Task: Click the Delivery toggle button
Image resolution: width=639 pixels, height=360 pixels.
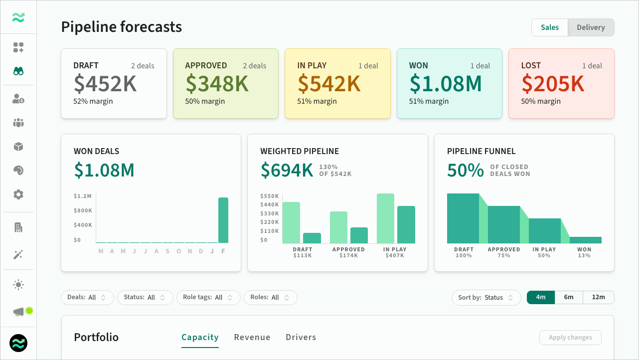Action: point(591,27)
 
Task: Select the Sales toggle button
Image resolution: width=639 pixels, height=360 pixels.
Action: point(550,27)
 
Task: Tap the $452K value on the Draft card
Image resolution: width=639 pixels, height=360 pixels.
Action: point(105,84)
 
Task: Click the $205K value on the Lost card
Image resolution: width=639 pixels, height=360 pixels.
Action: point(553,84)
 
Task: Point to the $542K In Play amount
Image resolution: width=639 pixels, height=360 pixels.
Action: point(329,84)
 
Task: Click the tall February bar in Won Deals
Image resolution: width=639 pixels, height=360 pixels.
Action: point(223,220)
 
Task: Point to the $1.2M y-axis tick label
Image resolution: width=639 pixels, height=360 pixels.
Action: point(83,196)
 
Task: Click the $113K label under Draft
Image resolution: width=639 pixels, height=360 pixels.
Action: point(303,256)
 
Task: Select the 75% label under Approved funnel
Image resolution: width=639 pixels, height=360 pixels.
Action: point(504,256)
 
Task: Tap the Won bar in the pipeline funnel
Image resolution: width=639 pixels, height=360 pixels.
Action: point(586,240)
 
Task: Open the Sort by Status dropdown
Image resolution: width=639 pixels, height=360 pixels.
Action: point(486,298)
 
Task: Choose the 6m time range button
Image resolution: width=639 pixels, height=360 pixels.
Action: point(569,298)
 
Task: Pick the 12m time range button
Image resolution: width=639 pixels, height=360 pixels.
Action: point(599,298)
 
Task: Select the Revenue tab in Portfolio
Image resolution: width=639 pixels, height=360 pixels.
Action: point(252,338)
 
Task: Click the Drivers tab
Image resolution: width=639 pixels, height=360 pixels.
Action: point(301,338)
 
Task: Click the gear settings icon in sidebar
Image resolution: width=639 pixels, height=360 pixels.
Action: point(18,194)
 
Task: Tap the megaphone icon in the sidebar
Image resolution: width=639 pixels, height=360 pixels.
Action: point(18,312)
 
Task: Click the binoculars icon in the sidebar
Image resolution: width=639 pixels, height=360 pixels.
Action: point(18,71)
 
